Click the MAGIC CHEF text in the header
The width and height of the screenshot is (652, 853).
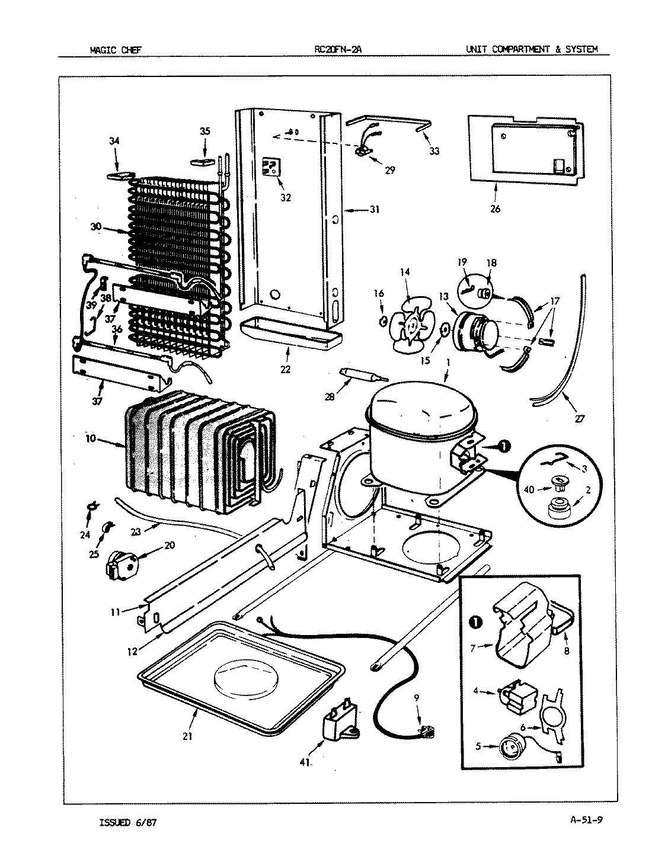click(x=116, y=50)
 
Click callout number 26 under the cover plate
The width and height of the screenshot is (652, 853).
click(x=495, y=209)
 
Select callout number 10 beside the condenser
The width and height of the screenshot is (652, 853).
click(x=90, y=438)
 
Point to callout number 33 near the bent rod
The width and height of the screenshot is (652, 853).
click(x=434, y=151)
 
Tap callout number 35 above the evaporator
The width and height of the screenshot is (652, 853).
click(x=204, y=132)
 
